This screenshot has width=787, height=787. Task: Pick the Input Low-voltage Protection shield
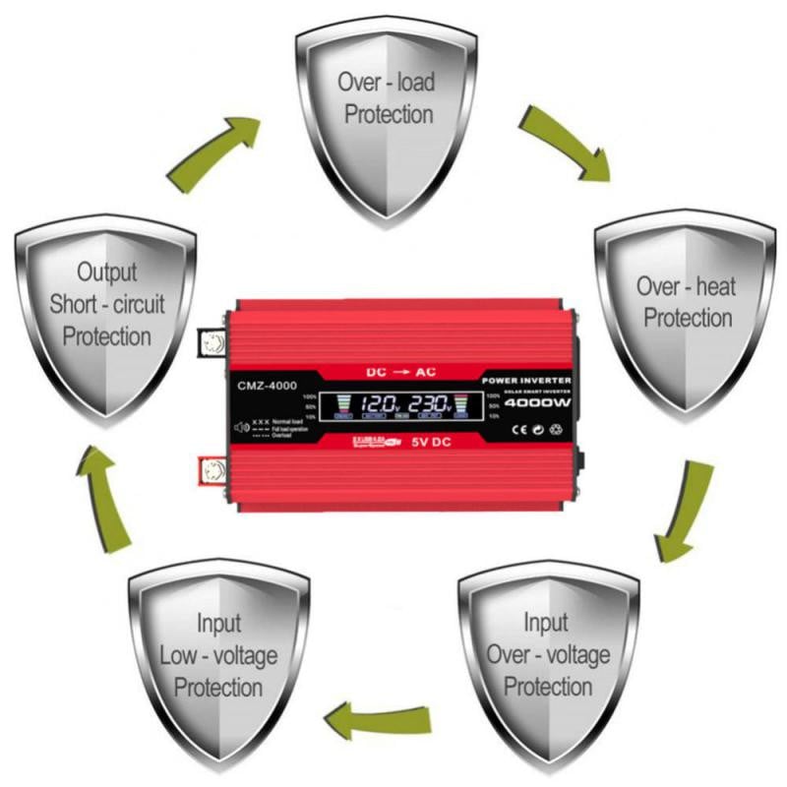click(217, 655)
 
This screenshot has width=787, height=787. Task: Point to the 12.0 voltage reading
click(378, 402)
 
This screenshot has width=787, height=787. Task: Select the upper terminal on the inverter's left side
click(212, 341)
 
